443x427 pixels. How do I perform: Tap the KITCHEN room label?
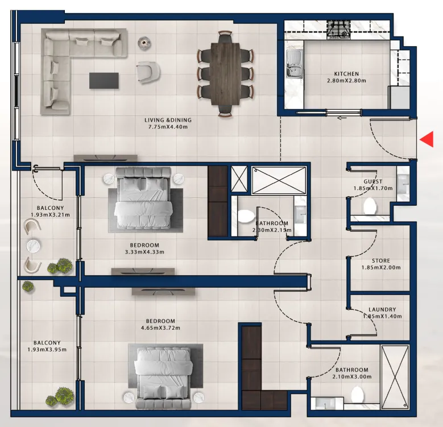pos(346,74)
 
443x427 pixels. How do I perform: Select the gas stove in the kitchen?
pos(339,30)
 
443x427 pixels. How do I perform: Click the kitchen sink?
pos(295,64)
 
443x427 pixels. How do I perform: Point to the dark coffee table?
pos(104,81)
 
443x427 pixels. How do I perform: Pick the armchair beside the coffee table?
pos(148,72)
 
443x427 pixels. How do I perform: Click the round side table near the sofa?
pos(144,43)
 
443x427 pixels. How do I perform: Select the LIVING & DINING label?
pos(168,120)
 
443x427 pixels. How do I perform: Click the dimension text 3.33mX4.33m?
pos(144,252)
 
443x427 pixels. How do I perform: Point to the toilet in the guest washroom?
pos(370,206)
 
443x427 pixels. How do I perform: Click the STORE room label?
pos(381,260)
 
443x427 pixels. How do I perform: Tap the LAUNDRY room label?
pos(382,309)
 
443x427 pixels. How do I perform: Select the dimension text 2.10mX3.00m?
pos(352,377)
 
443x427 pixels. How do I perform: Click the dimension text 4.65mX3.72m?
pos(160,328)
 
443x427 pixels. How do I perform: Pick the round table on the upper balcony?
pos(34,246)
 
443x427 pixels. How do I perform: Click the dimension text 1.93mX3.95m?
pos(47,350)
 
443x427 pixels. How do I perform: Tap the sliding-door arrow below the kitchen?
pos(342,118)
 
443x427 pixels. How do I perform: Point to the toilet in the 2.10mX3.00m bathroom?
pos(358,395)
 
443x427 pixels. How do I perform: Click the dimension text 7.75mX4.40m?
pos(168,127)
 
